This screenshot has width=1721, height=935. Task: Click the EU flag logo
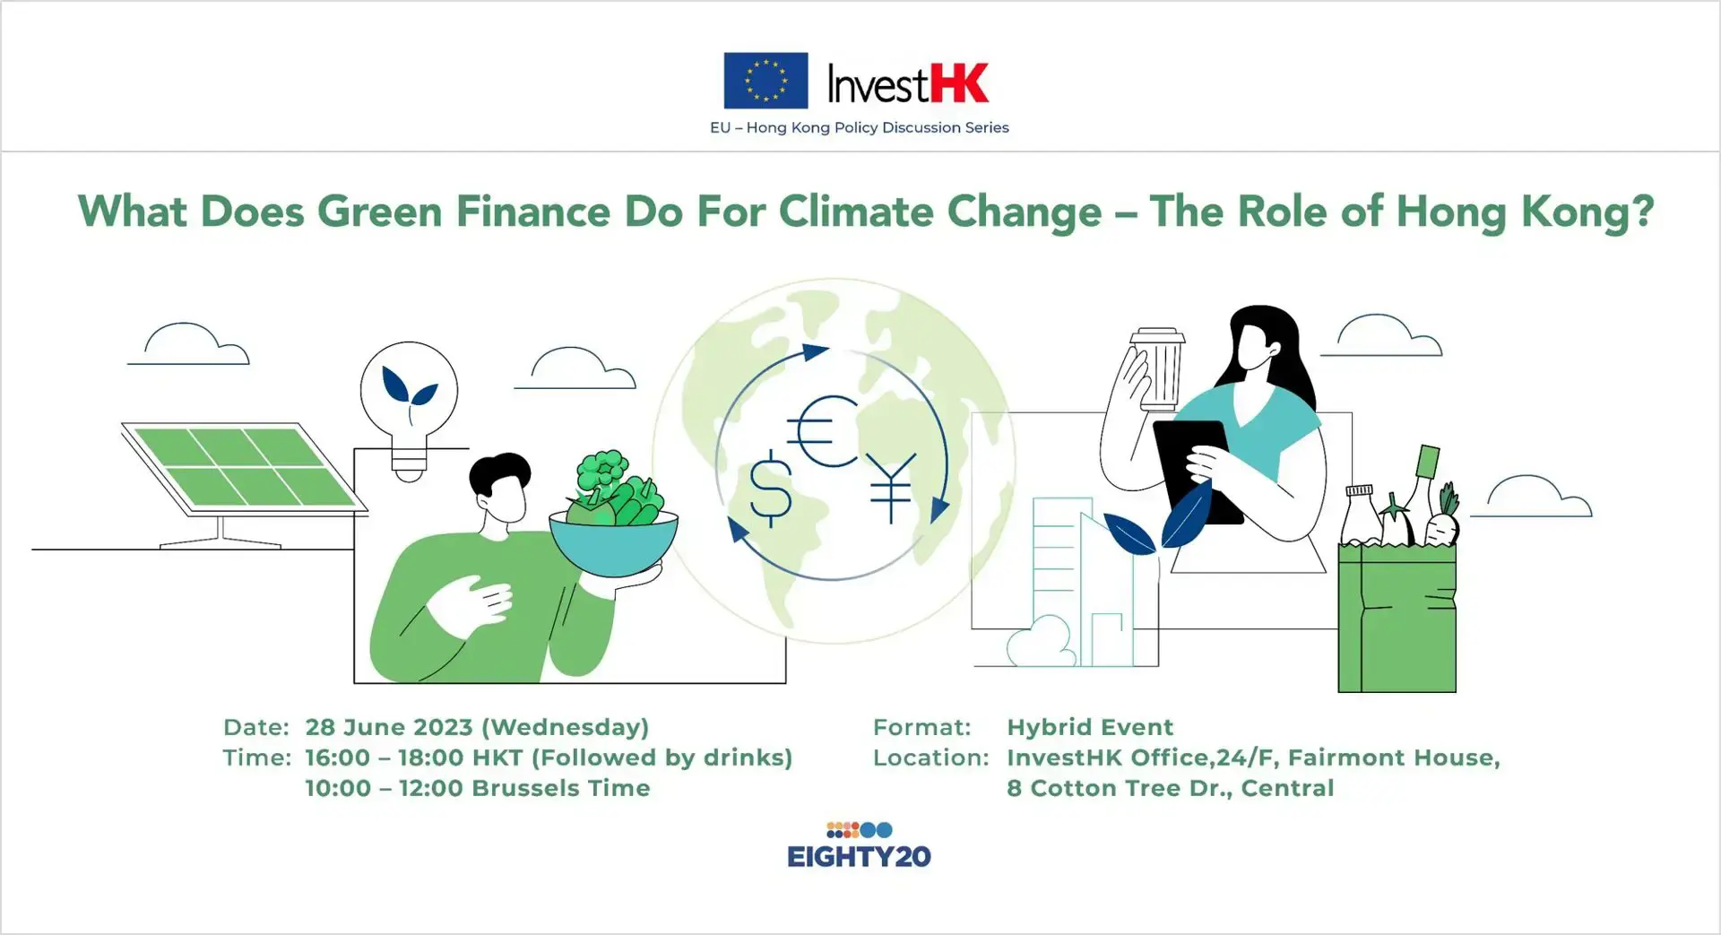(765, 81)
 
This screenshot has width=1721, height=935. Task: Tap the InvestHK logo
(907, 84)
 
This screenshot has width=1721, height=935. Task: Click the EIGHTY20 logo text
(859, 856)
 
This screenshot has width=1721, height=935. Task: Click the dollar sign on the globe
(770, 489)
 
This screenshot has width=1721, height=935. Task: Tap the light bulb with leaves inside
(409, 394)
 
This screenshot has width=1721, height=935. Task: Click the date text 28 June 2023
(388, 727)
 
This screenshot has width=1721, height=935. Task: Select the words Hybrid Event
(1090, 727)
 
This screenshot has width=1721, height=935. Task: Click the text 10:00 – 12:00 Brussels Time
(477, 788)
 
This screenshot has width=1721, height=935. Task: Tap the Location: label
(930, 758)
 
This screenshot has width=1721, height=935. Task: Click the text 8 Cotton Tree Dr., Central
(1170, 788)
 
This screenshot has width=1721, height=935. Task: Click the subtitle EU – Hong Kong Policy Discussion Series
(859, 127)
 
